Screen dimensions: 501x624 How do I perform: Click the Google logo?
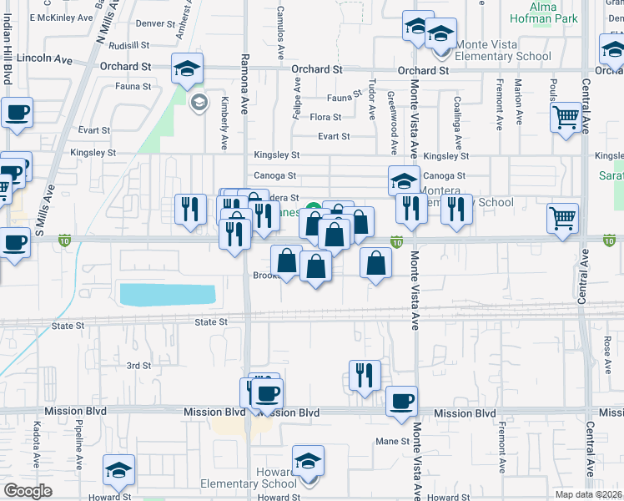pyautogui.click(x=27, y=491)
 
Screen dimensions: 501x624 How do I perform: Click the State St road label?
pyautogui.click(x=210, y=321)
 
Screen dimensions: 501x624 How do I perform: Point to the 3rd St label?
pyautogui.click(x=138, y=366)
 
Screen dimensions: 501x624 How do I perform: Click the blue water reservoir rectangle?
pyautogui.click(x=167, y=294)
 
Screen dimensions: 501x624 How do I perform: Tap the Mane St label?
pyautogui.click(x=392, y=441)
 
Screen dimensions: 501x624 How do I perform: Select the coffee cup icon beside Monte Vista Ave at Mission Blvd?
pyautogui.click(x=401, y=402)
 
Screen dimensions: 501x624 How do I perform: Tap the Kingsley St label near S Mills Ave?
pyautogui.click(x=93, y=153)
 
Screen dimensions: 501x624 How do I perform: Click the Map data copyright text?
pyautogui.click(x=588, y=494)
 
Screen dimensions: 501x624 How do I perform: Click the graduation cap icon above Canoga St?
pyautogui.click(x=405, y=180)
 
